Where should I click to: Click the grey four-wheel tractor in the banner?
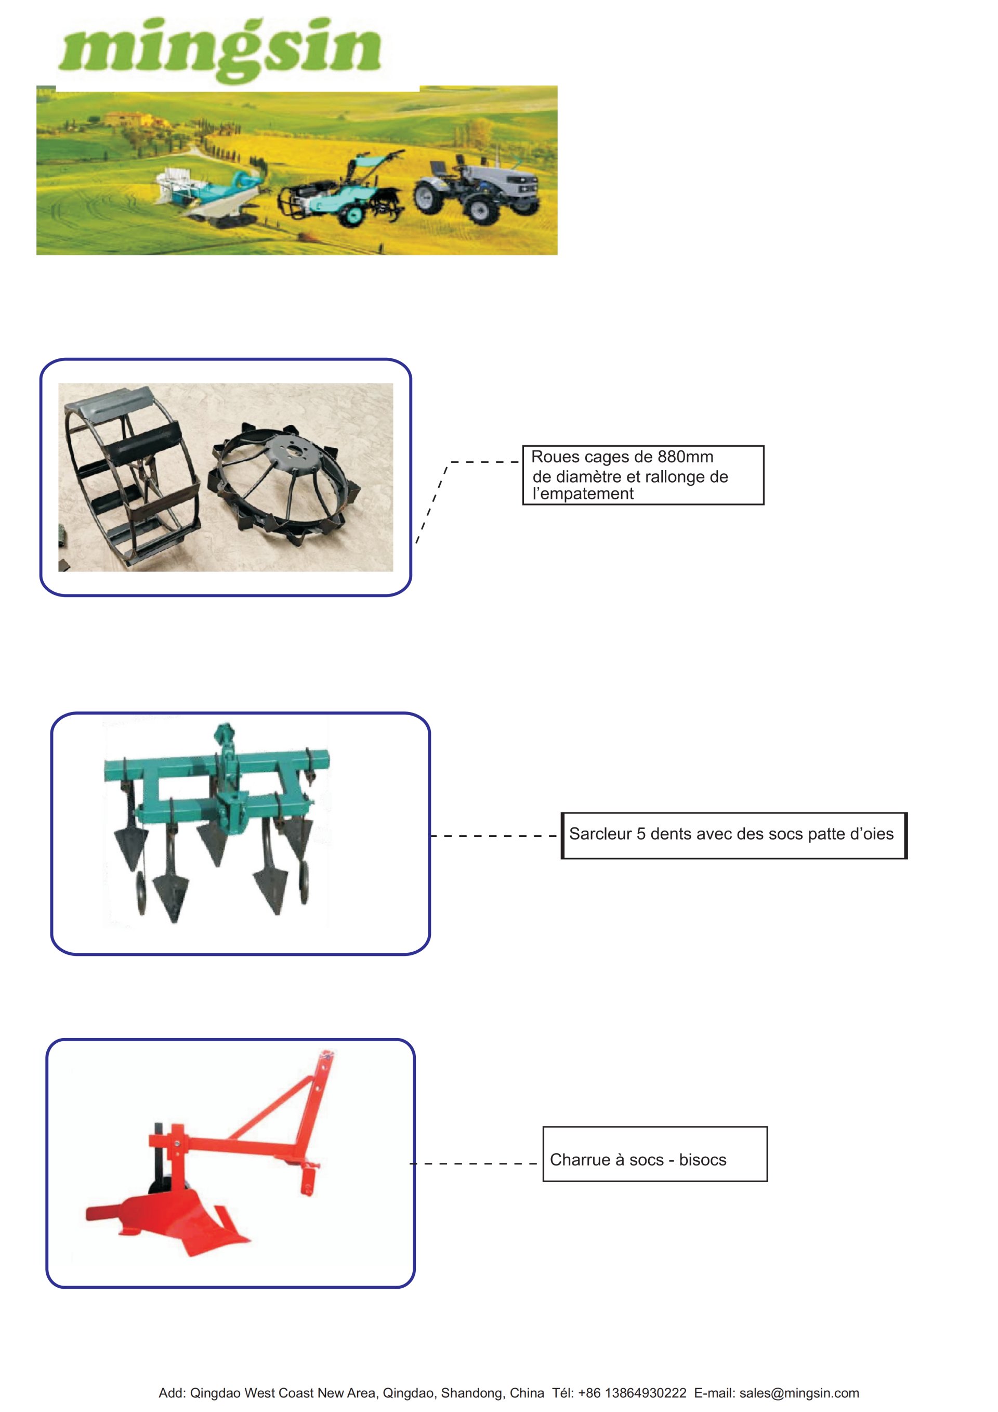coord(477,188)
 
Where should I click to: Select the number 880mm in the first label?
coord(685,457)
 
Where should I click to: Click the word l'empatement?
coord(583,494)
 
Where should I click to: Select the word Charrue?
coord(577,1160)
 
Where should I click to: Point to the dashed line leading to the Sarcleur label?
coord(494,836)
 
